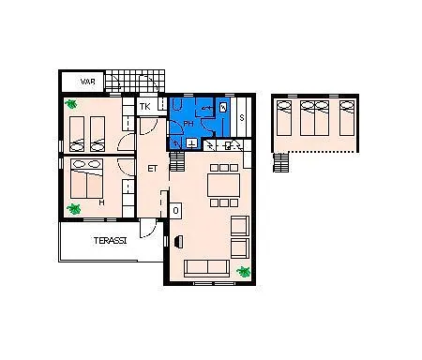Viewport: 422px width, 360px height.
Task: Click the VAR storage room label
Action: [87, 82]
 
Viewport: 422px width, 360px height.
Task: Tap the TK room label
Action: [144, 107]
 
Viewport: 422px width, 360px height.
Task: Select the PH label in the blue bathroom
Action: [188, 124]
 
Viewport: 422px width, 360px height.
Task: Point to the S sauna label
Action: [242, 118]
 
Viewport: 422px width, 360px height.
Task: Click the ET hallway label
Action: [152, 169]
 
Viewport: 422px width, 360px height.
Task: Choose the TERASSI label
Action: [110, 241]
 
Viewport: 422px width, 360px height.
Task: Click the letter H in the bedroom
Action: [101, 202]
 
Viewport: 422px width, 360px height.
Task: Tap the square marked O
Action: [175, 210]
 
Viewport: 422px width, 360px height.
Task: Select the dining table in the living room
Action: [224, 185]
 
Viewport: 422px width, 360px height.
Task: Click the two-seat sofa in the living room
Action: [207, 268]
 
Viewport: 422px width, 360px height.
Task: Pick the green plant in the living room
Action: [244, 272]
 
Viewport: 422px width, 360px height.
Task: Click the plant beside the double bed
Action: [74, 209]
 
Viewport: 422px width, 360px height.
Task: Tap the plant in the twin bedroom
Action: [71, 104]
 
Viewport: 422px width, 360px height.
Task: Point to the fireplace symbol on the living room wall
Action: [179, 242]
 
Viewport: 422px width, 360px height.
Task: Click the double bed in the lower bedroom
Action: [87, 179]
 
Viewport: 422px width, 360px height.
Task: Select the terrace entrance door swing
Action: [147, 229]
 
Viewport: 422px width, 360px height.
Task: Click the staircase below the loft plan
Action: [280, 162]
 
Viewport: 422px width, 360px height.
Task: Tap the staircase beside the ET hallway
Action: [177, 161]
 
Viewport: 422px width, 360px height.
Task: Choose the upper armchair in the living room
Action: [240, 226]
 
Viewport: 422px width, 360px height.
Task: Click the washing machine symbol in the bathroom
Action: [223, 107]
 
